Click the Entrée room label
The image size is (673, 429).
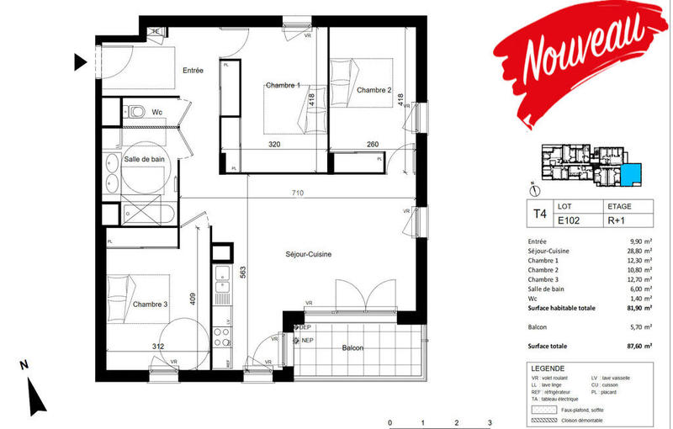point(193,71)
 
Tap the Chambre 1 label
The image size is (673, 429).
point(283,86)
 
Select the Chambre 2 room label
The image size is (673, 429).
point(374,90)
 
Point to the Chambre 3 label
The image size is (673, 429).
point(151,304)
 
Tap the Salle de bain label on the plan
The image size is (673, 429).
point(145,159)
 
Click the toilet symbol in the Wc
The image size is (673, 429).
point(136,111)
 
